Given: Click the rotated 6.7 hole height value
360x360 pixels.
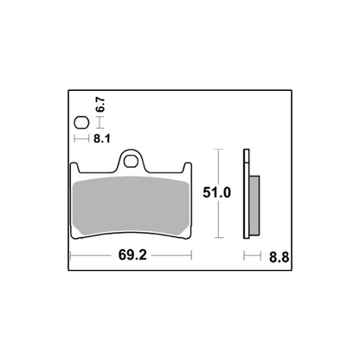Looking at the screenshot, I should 100,106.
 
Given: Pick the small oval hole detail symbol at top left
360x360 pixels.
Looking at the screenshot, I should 80,122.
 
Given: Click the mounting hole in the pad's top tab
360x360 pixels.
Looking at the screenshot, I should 132,158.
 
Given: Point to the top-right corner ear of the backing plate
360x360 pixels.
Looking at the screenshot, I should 191,169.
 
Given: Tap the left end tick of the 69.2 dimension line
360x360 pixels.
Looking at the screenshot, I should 70,257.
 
